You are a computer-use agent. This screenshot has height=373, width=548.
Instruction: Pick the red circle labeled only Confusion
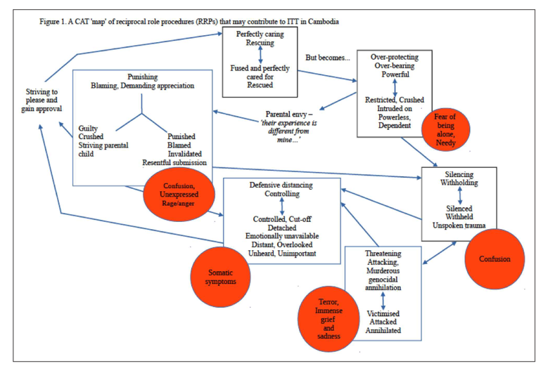point(496,259)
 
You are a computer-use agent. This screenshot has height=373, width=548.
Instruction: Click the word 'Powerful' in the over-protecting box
point(395,74)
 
